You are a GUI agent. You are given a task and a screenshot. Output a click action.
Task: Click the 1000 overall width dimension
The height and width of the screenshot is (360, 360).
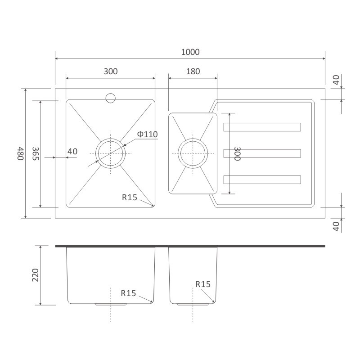(x=190, y=52)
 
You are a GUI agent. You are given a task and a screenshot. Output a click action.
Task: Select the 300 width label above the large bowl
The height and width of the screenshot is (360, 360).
(x=111, y=72)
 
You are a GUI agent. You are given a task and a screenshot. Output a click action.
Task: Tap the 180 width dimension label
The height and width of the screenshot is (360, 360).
(x=193, y=72)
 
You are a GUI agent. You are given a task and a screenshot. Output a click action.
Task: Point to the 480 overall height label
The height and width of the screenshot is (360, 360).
(x=20, y=153)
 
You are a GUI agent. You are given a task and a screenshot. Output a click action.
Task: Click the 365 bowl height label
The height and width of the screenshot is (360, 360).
(x=36, y=153)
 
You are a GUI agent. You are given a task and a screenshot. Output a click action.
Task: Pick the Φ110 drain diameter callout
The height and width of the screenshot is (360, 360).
(x=148, y=134)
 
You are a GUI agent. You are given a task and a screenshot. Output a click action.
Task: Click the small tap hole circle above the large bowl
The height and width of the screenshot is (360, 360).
(x=110, y=98)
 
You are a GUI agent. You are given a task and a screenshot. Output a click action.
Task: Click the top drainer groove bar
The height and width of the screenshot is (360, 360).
(x=262, y=127)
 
